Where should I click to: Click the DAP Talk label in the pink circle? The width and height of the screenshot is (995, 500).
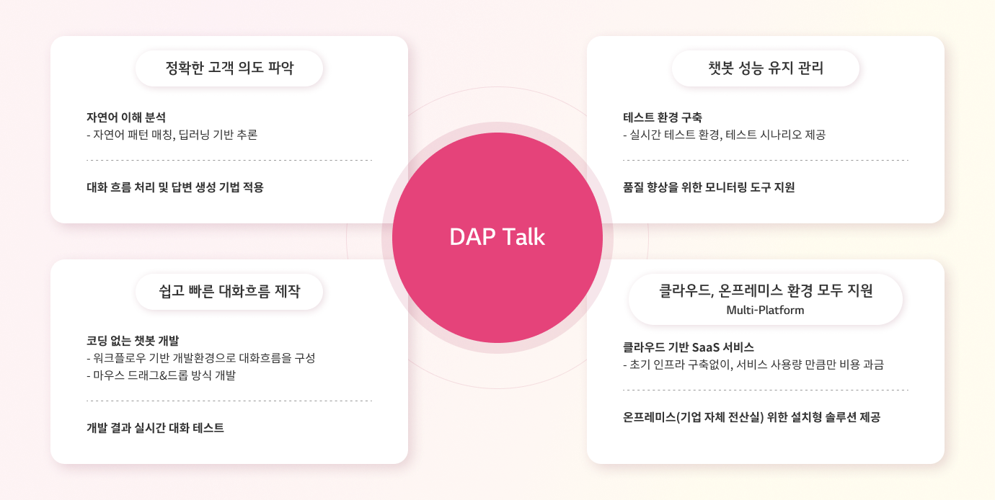point(497,237)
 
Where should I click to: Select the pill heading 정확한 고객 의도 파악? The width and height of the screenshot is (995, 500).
point(229,68)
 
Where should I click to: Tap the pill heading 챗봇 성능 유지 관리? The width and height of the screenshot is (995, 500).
point(765,68)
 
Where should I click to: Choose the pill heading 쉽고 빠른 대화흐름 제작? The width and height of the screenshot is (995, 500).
point(229,291)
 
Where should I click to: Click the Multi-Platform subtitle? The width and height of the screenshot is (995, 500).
point(765,310)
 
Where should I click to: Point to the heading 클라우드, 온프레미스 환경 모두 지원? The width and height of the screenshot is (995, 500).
point(765,291)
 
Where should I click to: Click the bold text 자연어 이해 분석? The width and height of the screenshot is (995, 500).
point(126,117)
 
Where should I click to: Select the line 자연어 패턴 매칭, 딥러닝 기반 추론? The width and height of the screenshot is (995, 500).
point(172,135)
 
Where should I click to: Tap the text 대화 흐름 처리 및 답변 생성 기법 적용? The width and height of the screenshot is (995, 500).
point(175,187)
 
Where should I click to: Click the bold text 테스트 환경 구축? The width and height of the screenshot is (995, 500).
point(663,117)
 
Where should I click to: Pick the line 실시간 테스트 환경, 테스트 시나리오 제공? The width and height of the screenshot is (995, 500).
point(724,135)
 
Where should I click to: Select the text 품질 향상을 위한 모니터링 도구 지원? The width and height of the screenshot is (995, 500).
point(709,187)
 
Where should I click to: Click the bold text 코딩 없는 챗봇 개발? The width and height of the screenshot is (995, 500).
point(133,341)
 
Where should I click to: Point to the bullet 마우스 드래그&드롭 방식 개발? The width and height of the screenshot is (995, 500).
point(161,375)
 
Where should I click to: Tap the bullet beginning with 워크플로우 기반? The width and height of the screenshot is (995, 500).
point(200,358)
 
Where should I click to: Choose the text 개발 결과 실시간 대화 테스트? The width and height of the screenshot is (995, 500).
point(155,428)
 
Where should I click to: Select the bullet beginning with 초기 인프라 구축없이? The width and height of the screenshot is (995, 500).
point(753,365)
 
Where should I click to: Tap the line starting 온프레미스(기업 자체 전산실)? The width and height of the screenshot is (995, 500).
point(751,417)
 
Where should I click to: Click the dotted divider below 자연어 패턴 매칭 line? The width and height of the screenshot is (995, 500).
point(229,160)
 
